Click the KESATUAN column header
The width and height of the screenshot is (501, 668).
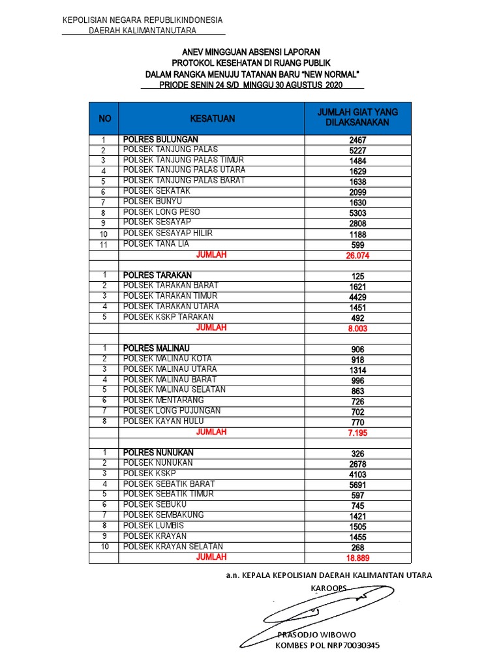[x=212, y=119]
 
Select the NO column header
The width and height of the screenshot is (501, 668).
[x=104, y=119]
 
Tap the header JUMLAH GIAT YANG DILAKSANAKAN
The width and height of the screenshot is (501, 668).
[x=357, y=117]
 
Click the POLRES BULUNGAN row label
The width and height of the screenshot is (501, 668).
[x=160, y=140]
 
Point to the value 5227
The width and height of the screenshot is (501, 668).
[x=357, y=151]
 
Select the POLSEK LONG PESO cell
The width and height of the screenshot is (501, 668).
[x=162, y=212]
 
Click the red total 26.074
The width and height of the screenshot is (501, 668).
[x=357, y=256]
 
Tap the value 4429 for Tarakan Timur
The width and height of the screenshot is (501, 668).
[x=357, y=297]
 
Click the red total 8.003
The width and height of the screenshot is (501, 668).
[x=357, y=329]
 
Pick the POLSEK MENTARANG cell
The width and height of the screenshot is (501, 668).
[x=164, y=400]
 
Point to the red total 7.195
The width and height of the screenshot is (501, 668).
[x=357, y=433]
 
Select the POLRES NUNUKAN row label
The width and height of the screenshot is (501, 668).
[x=159, y=452]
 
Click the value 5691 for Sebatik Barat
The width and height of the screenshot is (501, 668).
[x=357, y=485]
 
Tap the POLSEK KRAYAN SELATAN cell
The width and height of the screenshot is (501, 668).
[x=174, y=546]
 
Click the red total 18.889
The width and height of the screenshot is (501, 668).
[x=357, y=558]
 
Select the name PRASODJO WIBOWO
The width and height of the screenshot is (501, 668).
[x=317, y=635]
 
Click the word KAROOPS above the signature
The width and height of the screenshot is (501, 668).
[x=329, y=588]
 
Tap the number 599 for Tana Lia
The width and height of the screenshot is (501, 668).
[x=357, y=245]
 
